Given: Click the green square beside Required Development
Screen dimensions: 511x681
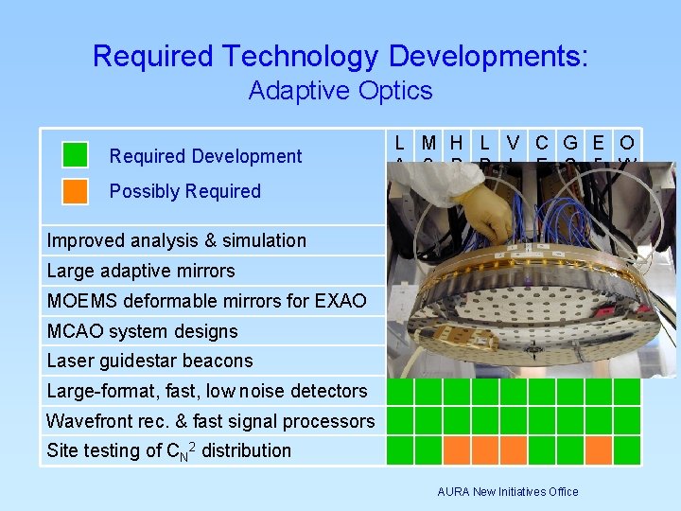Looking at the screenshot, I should pos(75,155).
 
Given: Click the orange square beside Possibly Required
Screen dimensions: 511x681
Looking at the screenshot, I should pos(75,191).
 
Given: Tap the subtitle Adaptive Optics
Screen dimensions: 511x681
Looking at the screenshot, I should pos(340,91).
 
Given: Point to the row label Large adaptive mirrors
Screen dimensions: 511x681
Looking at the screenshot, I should pos(141,271).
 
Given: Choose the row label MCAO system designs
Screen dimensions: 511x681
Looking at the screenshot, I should pos(142,331).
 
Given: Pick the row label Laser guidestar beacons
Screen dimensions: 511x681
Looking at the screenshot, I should pos(149,361).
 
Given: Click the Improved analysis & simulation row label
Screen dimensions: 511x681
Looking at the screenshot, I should pos(176,240).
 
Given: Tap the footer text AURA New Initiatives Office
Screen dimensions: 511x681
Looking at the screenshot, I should pos(508,491).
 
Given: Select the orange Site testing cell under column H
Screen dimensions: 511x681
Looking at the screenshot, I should pos(457,449).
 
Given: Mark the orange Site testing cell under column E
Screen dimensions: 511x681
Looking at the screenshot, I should pos(599,449).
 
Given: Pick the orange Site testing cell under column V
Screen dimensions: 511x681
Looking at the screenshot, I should pos(514,449).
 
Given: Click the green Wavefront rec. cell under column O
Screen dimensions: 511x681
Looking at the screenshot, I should pos(627,420).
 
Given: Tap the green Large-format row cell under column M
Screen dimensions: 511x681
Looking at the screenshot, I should pos(428,391).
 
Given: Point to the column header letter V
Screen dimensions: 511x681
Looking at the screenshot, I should pos(513,144).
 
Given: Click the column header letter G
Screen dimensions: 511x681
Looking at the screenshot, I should pos(570,144).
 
